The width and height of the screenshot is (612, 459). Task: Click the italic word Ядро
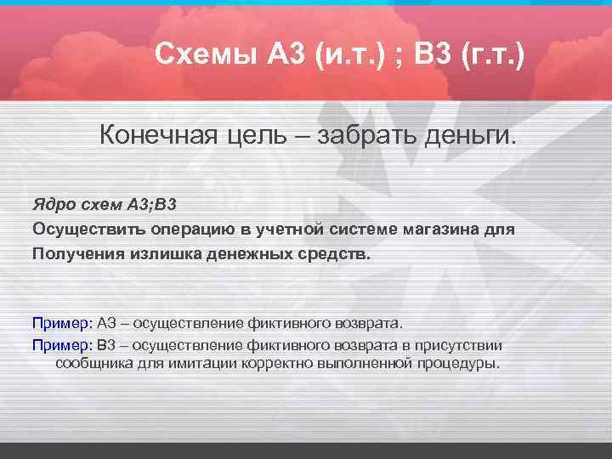[52, 205]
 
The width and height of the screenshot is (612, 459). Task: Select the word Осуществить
[88, 229]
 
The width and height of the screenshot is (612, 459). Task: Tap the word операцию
[195, 229]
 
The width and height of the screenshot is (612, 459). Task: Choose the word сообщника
[92, 363]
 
